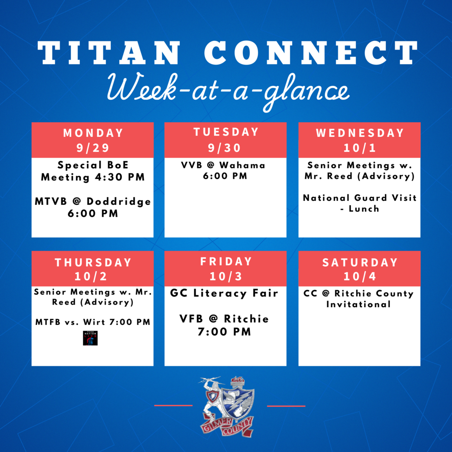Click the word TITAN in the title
109,53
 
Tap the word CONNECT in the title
311,53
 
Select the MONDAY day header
93,133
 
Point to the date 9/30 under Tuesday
225,148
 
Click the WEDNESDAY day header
360,133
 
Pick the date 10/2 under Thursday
91,276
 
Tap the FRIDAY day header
226,261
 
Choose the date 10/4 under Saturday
360,276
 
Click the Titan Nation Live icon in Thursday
90,338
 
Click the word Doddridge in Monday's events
118,201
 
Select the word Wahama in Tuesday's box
242,165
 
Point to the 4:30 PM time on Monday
120,177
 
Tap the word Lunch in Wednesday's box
364,208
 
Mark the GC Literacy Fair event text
224,294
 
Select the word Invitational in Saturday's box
358,304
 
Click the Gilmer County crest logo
227,407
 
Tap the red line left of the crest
173,405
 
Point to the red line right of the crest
286,406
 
